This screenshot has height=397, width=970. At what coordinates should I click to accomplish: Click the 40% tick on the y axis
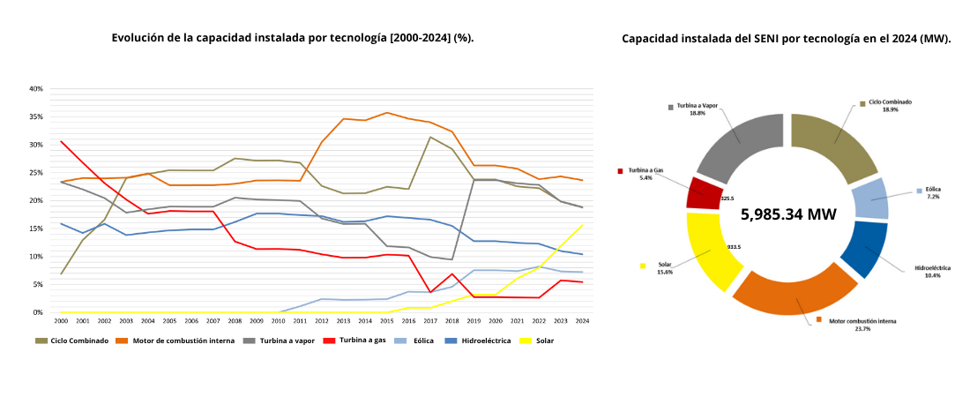pos(36,89)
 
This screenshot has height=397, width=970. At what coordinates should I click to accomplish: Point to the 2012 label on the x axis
pos(321,322)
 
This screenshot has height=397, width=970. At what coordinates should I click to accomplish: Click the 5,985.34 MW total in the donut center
pos(788,214)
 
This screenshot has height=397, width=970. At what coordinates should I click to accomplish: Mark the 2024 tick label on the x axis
pos(582,322)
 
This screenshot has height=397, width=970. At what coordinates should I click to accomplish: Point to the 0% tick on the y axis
pos(38,312)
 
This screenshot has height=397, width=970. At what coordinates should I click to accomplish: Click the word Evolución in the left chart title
pos(138,38)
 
